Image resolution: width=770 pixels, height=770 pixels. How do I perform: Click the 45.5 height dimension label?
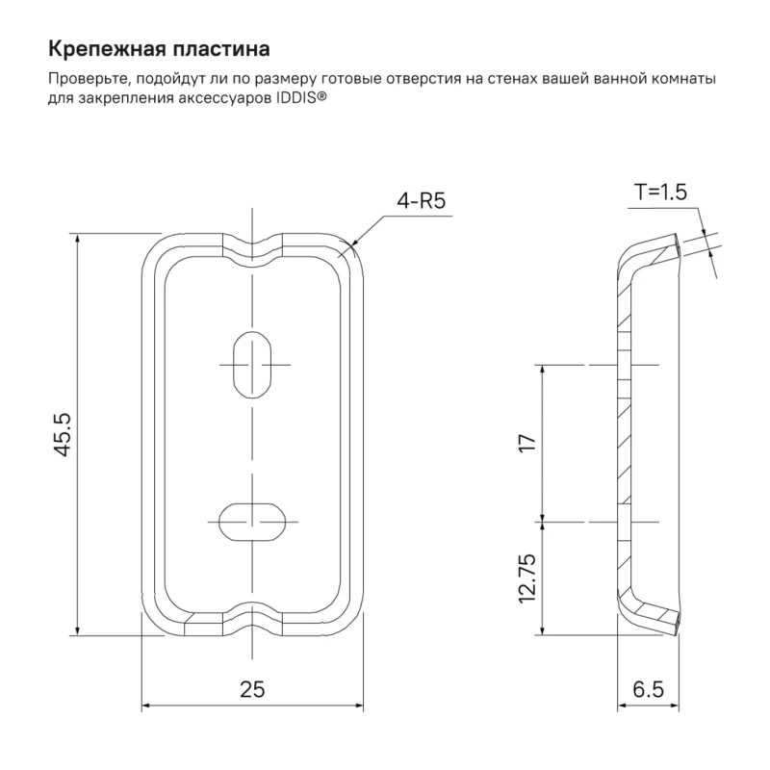63,435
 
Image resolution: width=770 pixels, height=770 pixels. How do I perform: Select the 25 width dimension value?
252,689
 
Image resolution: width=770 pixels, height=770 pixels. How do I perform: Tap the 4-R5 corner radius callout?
422,201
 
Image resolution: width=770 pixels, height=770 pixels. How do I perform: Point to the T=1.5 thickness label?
660,192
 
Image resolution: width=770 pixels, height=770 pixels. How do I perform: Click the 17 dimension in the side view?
528,443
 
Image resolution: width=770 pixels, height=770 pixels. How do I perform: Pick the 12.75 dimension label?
527,578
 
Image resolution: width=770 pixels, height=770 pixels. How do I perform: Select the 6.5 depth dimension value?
648,689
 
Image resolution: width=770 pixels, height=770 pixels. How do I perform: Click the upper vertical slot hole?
252,365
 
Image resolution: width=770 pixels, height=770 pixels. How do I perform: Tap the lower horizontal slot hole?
252,522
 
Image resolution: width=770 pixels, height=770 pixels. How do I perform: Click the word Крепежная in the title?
106,50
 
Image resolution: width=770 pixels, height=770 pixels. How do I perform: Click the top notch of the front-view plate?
252,249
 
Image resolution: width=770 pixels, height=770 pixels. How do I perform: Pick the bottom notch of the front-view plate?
252,620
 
